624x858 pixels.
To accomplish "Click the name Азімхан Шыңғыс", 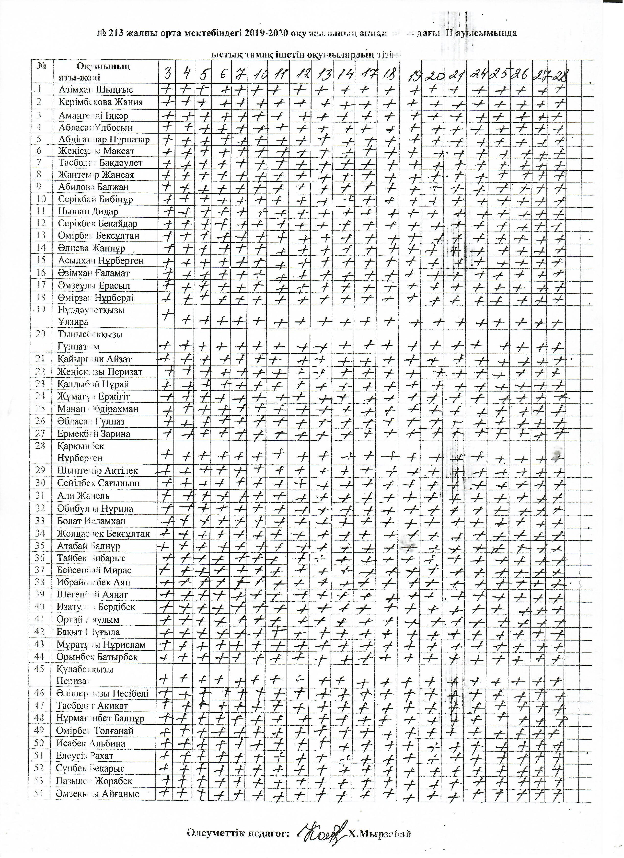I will (95, 90).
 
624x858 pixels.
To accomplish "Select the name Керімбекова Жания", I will (100, 102).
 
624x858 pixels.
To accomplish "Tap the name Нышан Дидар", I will (88, 211).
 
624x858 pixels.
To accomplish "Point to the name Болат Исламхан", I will (91, 521).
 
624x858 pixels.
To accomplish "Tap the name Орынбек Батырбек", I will (97, 657).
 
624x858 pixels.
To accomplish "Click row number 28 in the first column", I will (40, 446).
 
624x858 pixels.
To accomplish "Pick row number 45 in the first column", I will (40, 669).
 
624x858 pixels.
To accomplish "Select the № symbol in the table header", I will (42, 66).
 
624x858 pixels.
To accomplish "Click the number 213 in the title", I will (116, 33).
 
